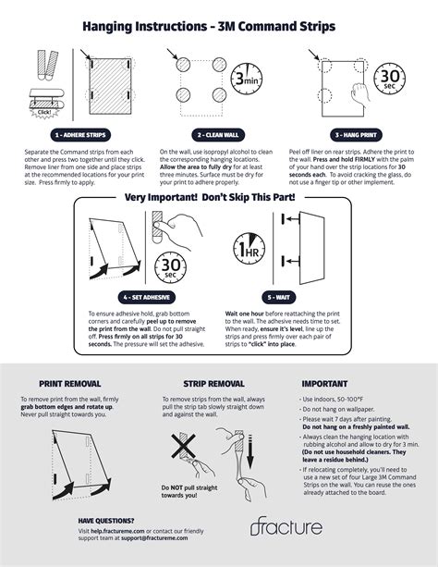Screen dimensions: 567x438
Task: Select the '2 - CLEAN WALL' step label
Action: pyautogui.click(x=218, y=134)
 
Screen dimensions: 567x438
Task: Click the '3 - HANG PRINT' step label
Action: pyautogui.click(x=357, y=134)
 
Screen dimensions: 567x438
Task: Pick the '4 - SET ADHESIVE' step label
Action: pyautogui.click(x=148, y=298)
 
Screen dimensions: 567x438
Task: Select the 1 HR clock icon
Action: pyautogui.click(x=250, y=248)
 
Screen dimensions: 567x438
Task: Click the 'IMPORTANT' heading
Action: pyautogui.click(x=324, y=383)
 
